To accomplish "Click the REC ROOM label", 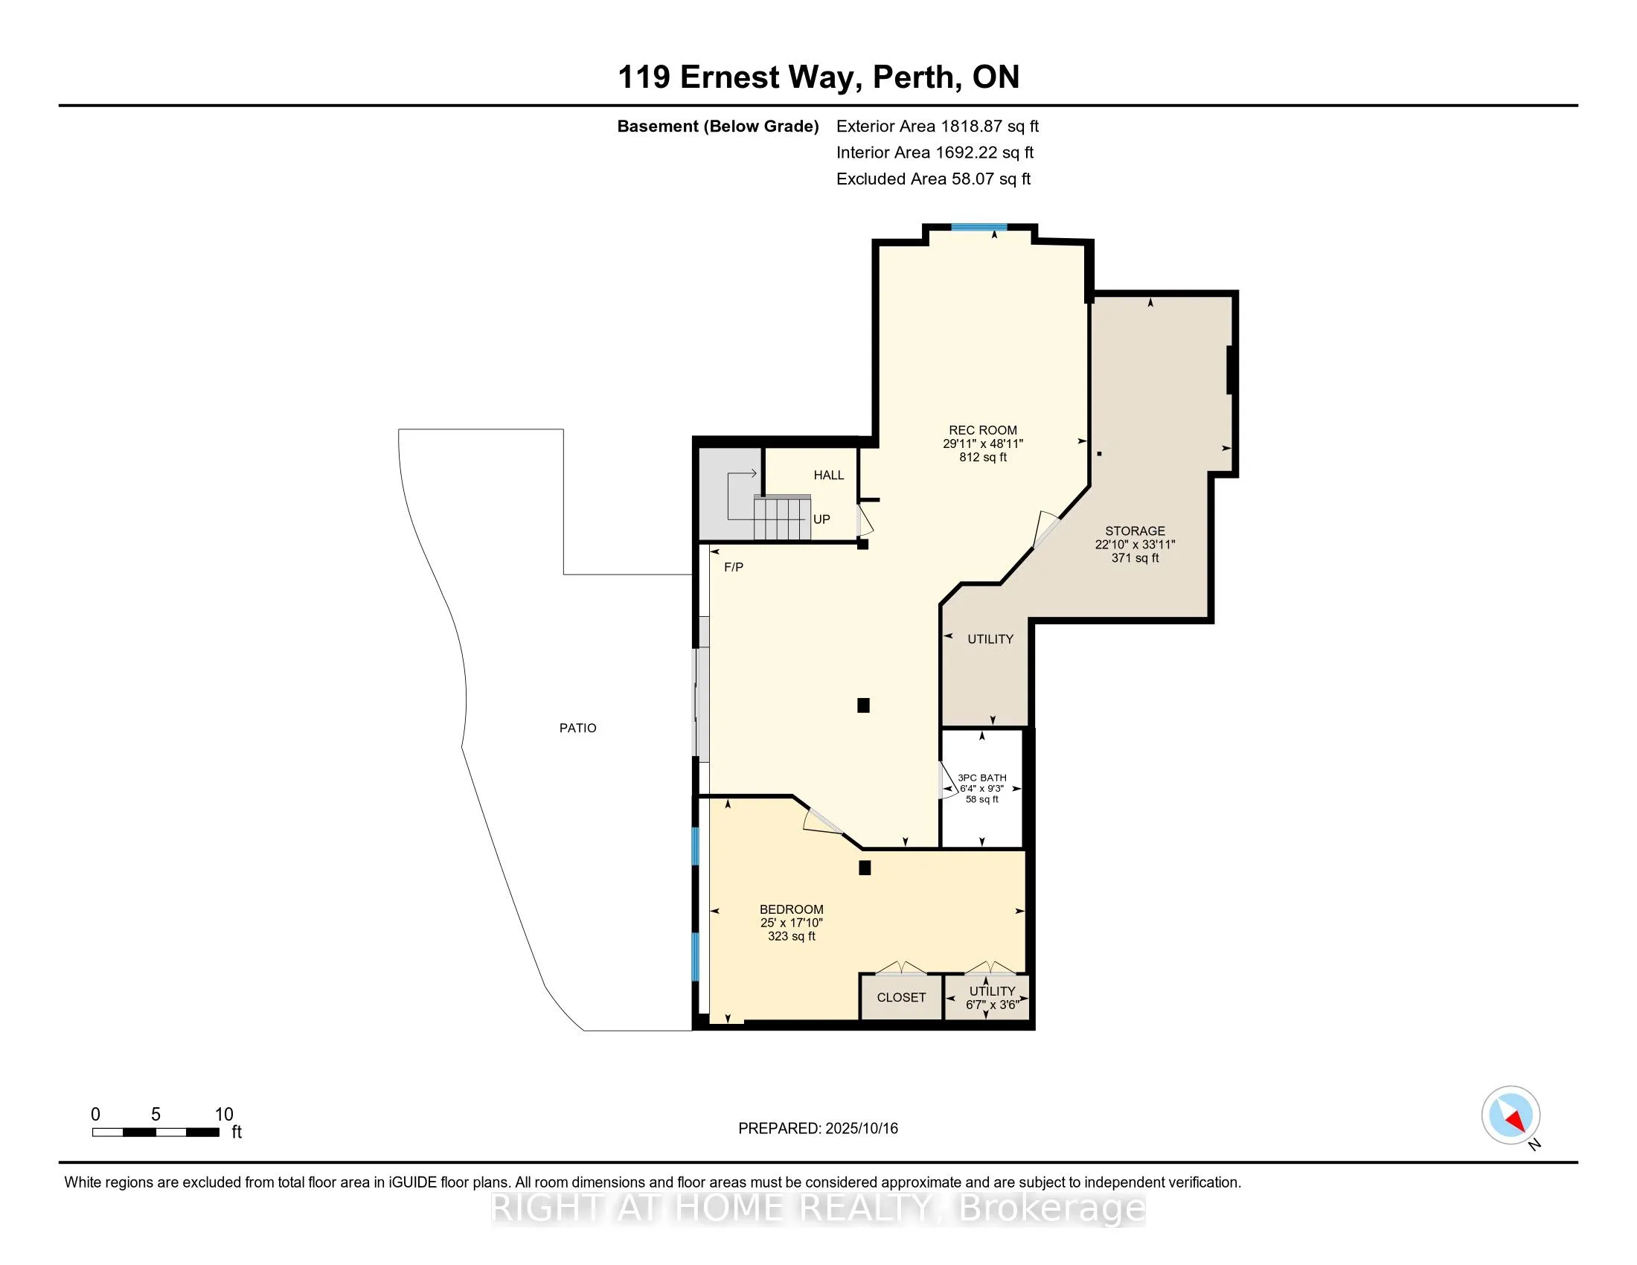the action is point(983,430).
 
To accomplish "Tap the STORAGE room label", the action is point(1135,531).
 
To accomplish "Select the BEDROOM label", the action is point(792,909).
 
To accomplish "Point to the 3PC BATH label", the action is point(982,778).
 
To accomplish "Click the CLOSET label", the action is point(901,997).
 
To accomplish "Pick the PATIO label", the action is point(578,728).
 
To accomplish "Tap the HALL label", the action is point(829,475).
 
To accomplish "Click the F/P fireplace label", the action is point(734,567).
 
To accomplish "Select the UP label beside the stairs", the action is point(821,519).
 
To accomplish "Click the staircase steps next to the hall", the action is point(782,517).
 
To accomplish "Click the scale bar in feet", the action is point(156,1133).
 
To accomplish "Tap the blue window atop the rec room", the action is point(979,227).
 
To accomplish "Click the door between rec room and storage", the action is point(1046,529).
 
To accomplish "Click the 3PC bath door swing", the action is point(949,781).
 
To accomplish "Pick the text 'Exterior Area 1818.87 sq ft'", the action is point(937,126).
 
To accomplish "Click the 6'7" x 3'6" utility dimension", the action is point(993,1005).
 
